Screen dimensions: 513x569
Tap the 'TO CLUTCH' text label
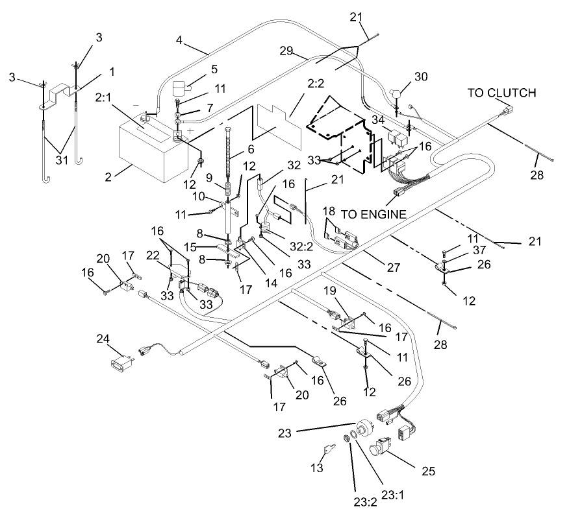click(x=502, y=93)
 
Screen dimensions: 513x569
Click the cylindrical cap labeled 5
click(x=183, y=88)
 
